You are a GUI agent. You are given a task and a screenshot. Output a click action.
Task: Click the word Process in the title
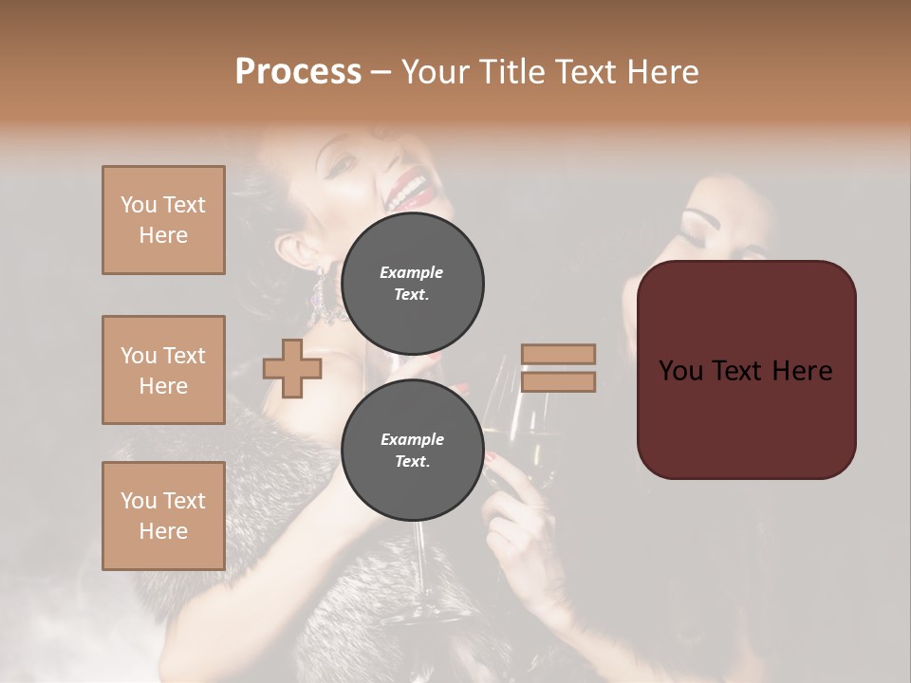[x=298, y=72]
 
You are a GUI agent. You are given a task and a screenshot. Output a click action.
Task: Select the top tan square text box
[x=163, y=220]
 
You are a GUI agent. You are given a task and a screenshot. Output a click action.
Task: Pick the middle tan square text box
[x=163, y=370]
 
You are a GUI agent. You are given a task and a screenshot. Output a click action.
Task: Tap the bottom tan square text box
[x=163, y=516]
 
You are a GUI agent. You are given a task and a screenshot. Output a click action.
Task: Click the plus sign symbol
[x=292, y=369]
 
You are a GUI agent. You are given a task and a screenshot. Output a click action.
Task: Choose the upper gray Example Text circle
[x=412, y=283]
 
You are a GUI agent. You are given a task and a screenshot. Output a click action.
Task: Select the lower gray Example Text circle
[x=412, y=451]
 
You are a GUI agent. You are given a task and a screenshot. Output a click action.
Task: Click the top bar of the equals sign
[x=558, y=354]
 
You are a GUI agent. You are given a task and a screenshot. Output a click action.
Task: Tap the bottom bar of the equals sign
[x=558, y=382]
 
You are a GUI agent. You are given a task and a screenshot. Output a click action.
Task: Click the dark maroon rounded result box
[x=746, y=370]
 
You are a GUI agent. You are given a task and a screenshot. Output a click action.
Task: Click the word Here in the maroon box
[x=802, y=370]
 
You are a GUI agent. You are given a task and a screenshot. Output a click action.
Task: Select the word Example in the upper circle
[x=411, y=272]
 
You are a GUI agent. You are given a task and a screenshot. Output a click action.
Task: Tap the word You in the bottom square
[x=138, y=501]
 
